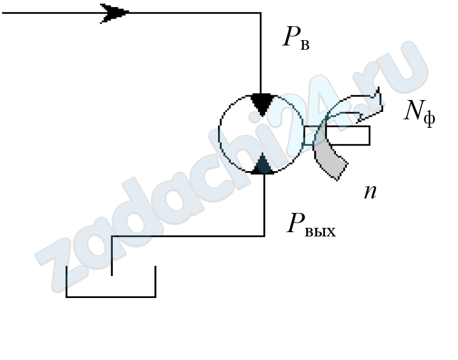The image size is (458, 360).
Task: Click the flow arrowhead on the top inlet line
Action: (114, 13)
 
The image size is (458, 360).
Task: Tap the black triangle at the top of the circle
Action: (262, 103)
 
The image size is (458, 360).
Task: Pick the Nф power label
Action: (419, 112)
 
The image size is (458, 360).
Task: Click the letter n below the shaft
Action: (370, 192)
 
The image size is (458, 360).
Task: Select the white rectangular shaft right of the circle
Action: (346, 135)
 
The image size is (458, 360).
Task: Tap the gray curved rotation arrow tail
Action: (332, 164)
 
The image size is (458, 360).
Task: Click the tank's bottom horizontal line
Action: (111, 296)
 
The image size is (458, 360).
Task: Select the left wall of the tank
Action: (67, 281)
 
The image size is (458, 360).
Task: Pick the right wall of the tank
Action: (155, 281)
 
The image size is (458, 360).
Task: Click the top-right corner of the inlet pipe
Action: (260, 13)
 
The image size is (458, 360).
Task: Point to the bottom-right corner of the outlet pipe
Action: (264, 235)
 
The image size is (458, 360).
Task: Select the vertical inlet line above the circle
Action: (260, 53)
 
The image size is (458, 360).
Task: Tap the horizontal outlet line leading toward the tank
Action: (187, 236)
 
